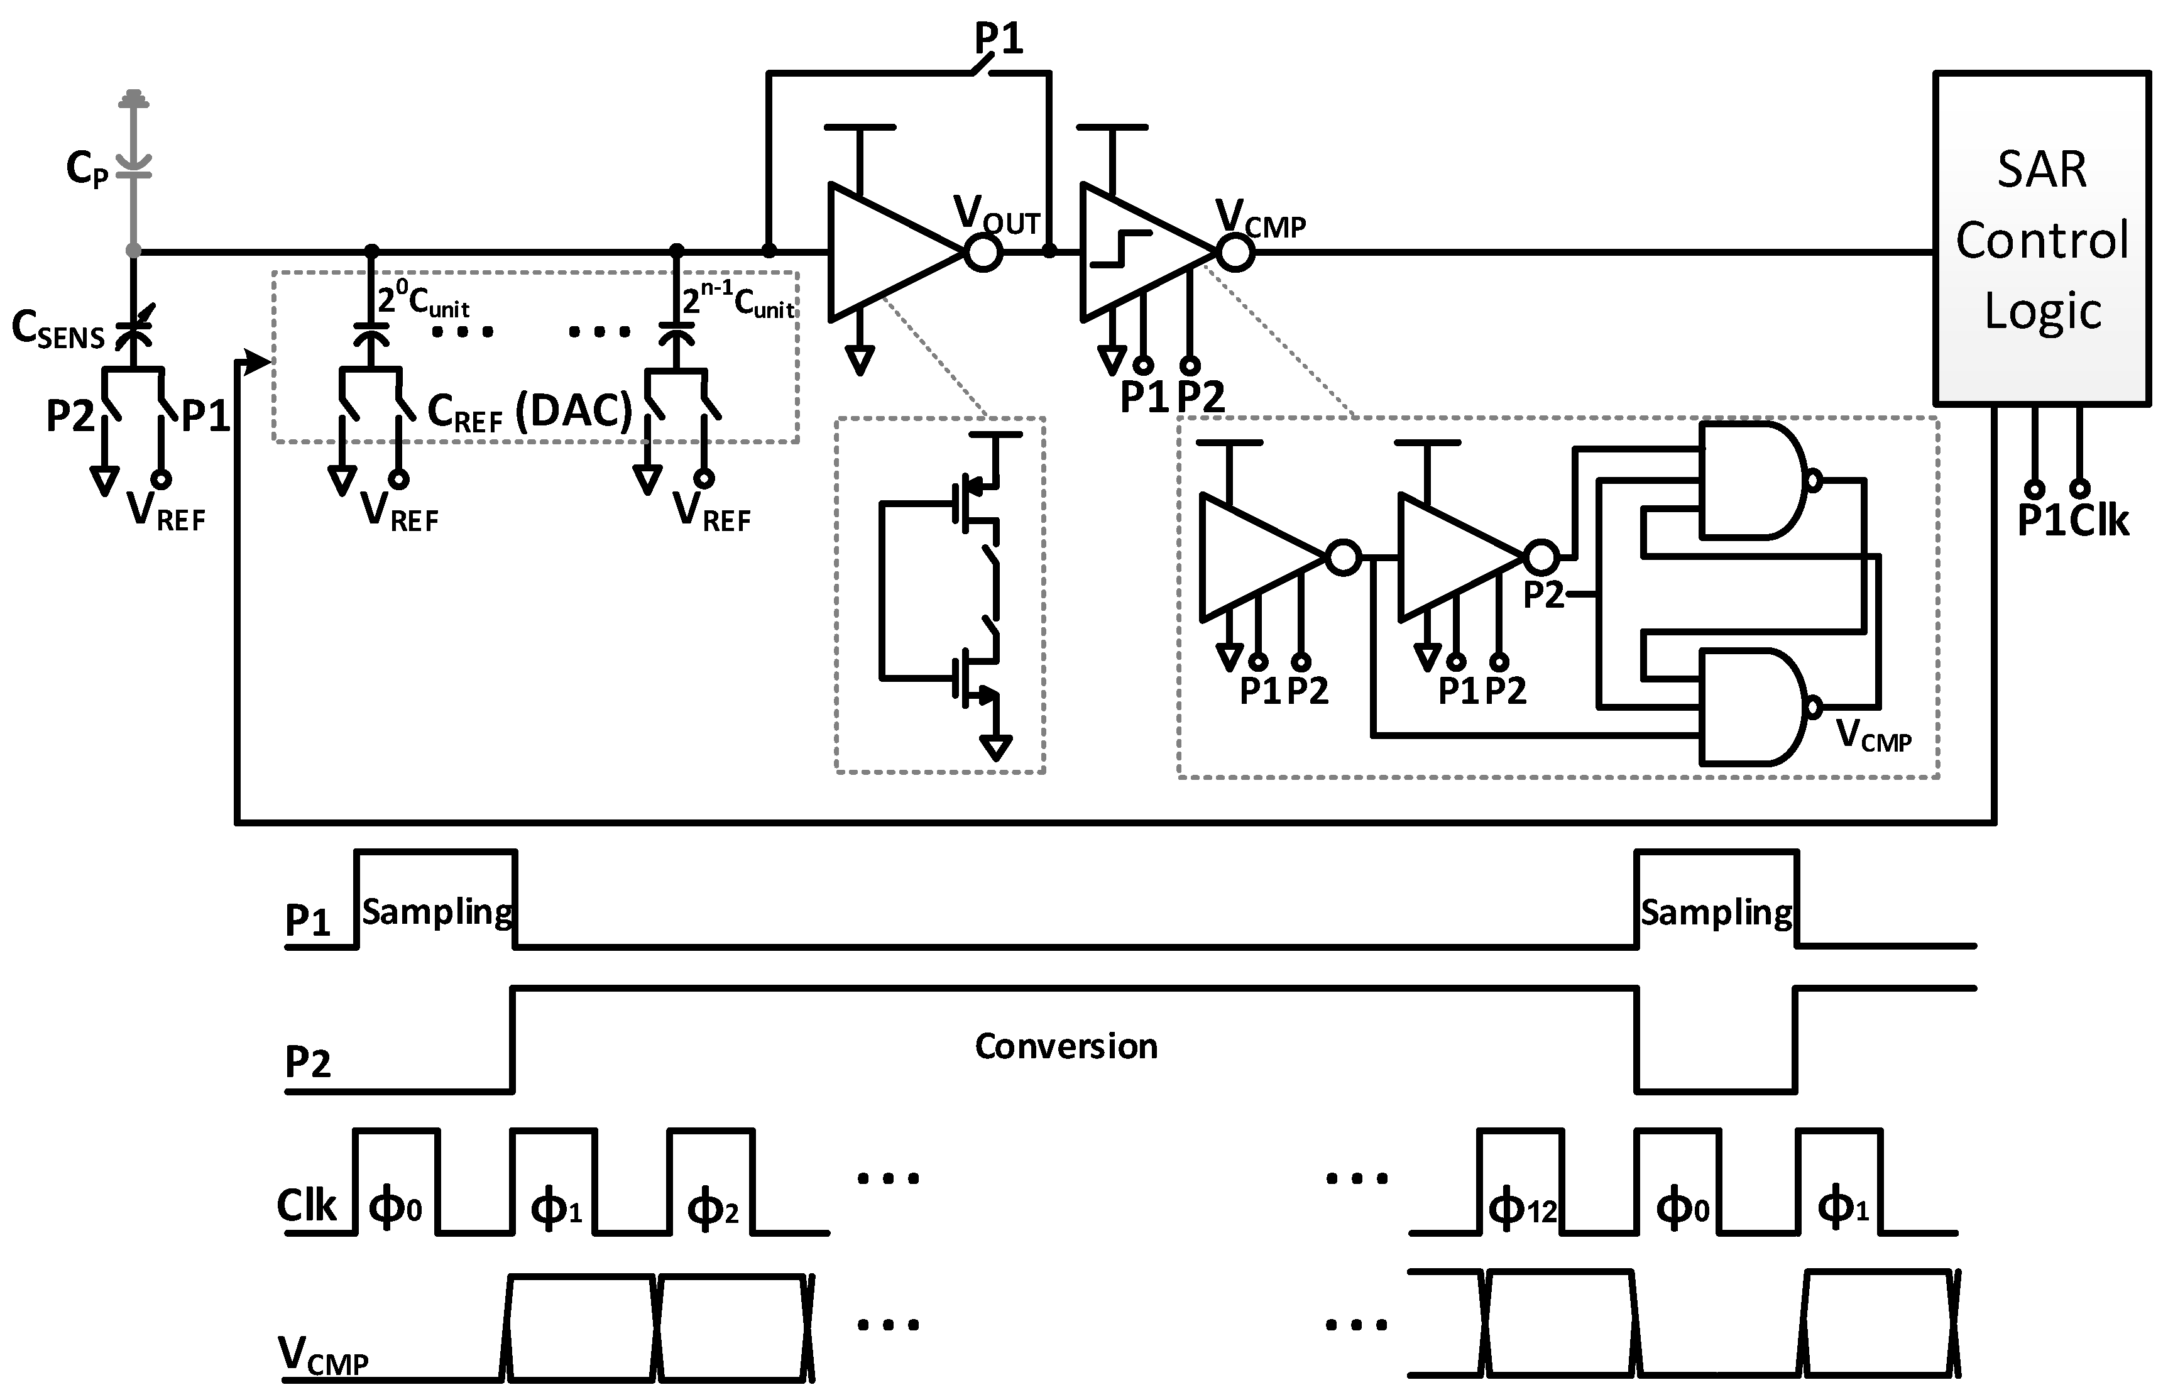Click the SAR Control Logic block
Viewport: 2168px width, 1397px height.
coord(2041,238)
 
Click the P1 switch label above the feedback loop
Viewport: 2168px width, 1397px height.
coord(998,39)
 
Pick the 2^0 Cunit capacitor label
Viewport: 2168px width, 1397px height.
coord(423,300)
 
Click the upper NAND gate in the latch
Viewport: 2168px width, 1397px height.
coord(1751,481)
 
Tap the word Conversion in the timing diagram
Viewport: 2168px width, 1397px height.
coord(1066,1046)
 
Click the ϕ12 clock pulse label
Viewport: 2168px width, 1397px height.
coord(1522,1208)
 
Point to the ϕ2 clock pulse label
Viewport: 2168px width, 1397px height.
coord(712,1208)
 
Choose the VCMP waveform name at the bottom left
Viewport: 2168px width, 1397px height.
coord(322,1357)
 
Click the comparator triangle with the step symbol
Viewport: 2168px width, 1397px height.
coord(1139,251)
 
